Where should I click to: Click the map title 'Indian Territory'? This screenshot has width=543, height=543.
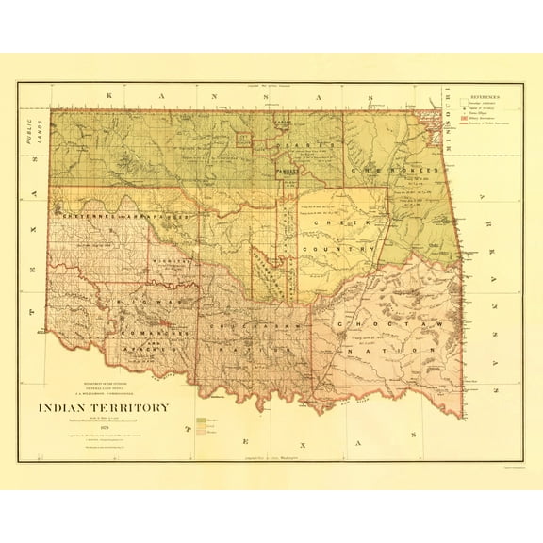[104, 408]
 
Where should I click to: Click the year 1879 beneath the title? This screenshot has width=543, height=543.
[104, 426]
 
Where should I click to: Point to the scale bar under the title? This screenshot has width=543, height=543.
[104, 419]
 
